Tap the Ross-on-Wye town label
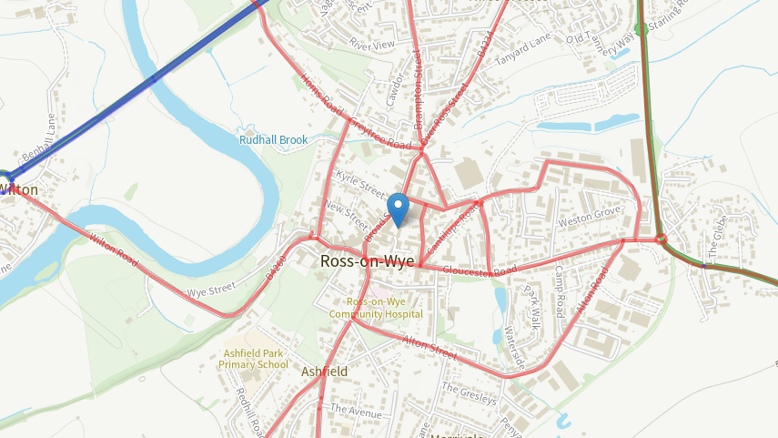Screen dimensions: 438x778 pyautogui.click(x=367, y=261)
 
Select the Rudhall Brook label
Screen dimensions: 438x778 pyautogui.click(x=273, y=140)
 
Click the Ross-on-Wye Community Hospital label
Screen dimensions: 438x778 pyautogui.click(x=384, y=308)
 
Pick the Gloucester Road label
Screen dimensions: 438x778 pyautogui.click(x=480, y=270)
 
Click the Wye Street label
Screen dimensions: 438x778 pyautogui.click(x=211, y=293)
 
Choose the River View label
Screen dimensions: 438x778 pyautogui.click(x=372, y=44)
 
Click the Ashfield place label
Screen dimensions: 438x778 pyautogui.click(x=324, y=372)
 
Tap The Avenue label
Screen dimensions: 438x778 pyautogui.click(x=357, y=411)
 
